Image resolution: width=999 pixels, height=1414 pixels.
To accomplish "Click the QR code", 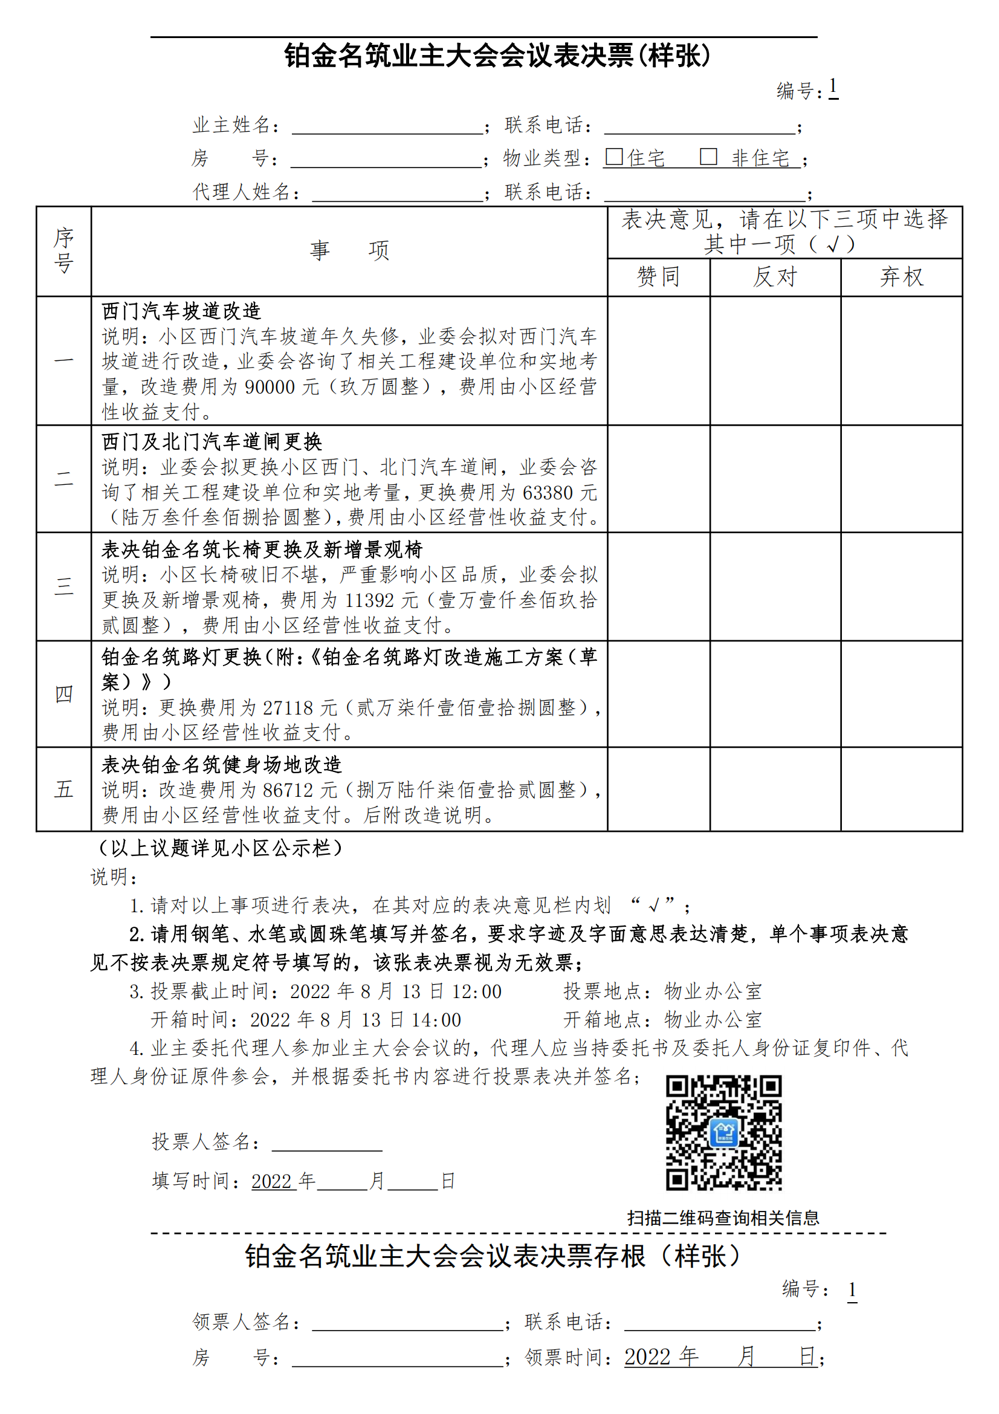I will click(723, 1132).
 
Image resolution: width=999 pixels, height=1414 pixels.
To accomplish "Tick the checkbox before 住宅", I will click(613, 157).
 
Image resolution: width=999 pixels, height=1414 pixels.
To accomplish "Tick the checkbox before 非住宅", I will click(708, 157).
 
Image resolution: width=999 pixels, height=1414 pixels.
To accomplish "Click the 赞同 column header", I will click(658, 276).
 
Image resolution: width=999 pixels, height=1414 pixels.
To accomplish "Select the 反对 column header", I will click(775, 276).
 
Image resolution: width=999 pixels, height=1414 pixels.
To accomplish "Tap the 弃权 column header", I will click(901, 276).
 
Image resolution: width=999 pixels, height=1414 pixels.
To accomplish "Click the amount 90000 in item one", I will click(270, 387).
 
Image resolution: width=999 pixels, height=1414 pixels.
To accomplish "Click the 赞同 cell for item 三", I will click(658, 586).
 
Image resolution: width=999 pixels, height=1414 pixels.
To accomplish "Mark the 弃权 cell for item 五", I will click(901, 789).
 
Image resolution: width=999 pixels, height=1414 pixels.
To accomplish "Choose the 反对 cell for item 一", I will click(775, 360).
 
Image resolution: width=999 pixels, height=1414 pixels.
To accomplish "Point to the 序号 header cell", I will click(63, 251).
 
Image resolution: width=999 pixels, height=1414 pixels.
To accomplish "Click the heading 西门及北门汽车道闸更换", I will click(212, 441).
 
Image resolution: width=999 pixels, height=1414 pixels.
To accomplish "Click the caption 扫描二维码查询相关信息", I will click(723, 1218).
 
